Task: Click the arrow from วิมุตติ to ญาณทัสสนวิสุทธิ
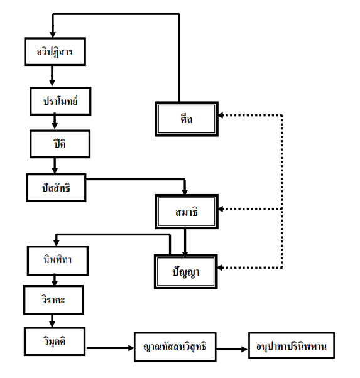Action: [111, 348]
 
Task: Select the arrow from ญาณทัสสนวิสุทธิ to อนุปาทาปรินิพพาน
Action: [232, 349]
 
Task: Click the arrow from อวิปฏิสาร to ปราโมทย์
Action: [52, 75]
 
